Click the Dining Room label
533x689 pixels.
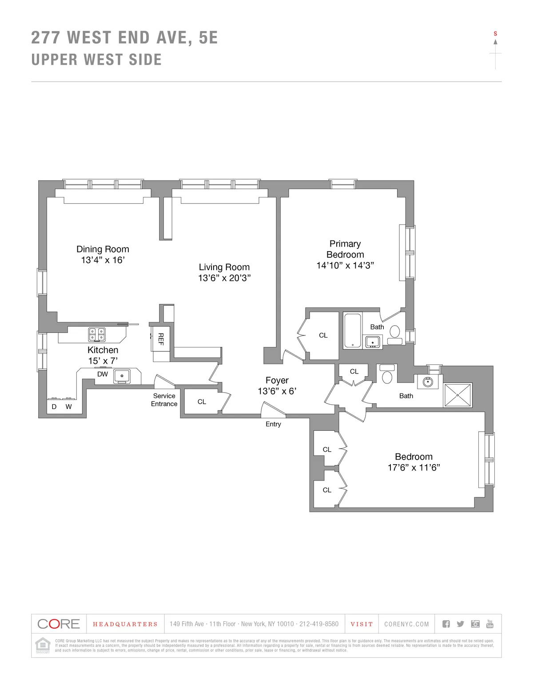103,249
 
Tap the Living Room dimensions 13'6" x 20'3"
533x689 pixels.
224,278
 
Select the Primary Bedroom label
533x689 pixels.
345,249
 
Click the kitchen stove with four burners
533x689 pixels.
97,334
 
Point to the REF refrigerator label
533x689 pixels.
161,339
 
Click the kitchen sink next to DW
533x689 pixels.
121,376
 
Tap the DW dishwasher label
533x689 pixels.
103,374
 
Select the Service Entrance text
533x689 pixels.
164,400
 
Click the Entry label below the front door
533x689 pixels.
273,424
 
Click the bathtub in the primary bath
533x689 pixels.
353,331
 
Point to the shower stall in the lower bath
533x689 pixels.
457,395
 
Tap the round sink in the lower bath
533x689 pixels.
428,382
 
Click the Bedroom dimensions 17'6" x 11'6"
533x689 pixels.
414,468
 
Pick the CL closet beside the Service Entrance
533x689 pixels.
202,402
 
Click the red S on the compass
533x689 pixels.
495,34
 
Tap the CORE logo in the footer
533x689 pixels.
59,624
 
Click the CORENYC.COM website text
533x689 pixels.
406,624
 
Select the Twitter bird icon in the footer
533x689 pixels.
460,624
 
